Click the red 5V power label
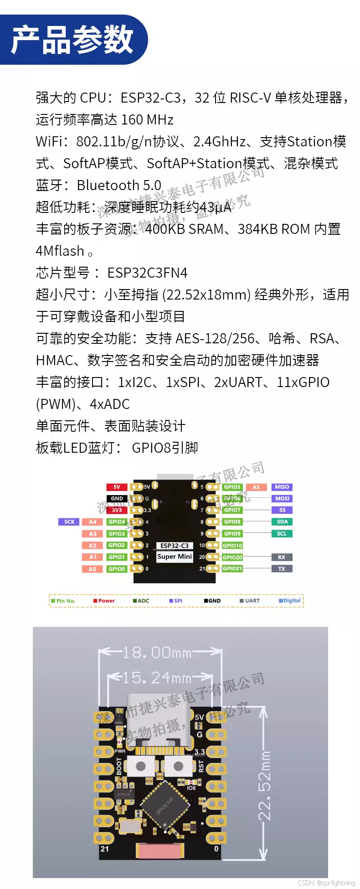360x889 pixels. coord(117,487)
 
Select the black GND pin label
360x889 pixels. coord(117,498)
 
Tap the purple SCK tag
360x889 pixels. coord(69,522)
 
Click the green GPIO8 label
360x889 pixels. coord(232,522)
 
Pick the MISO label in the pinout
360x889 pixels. coord(282,487)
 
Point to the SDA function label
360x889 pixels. coord(282,522)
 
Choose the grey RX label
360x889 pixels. coord(282,557)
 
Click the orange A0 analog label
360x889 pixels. coord(93,569)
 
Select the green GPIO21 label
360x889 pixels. coord(232,569)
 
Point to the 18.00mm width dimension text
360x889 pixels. coord(157,652)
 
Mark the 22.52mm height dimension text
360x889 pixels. coord(265,785)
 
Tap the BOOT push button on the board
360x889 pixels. coord(140,766)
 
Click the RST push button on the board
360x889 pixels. coord(179,766)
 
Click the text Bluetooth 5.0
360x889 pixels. coord(119,185)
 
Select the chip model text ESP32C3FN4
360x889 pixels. coord(147,273)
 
